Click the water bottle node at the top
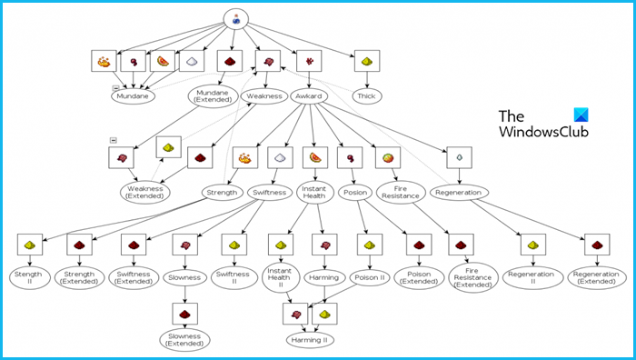pos(237,18)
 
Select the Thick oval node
pos(367,95)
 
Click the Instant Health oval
pos(313,192)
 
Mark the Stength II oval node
pos(28,276)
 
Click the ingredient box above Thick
pos(367,61)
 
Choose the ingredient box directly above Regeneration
pos(459,156)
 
